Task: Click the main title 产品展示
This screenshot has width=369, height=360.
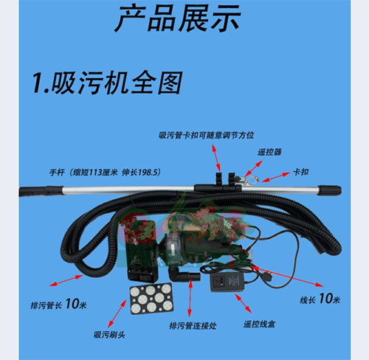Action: coord(178,19)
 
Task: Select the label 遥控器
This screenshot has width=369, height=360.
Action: coord(269,152)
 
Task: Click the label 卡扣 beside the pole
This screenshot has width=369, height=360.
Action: coord(300,172)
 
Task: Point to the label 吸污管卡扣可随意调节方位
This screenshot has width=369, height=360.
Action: coord(206,135)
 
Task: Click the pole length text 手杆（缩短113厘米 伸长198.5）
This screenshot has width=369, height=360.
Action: coord(105,173)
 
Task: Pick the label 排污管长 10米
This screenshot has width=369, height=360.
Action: coord(58,304)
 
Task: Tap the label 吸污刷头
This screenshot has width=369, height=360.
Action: coord(109,335)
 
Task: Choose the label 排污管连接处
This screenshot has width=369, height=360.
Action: coord(193,326)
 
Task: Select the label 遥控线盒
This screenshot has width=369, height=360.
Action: coord(259,325)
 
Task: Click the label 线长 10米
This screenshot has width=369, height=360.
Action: coord(320,299)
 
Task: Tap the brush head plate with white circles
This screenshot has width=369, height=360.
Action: coord(151,299)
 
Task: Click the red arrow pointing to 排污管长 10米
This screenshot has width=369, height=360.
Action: coord(66,280)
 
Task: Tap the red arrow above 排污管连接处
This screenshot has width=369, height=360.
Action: coord(190,297)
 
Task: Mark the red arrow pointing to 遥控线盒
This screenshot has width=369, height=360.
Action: coord(243,303)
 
